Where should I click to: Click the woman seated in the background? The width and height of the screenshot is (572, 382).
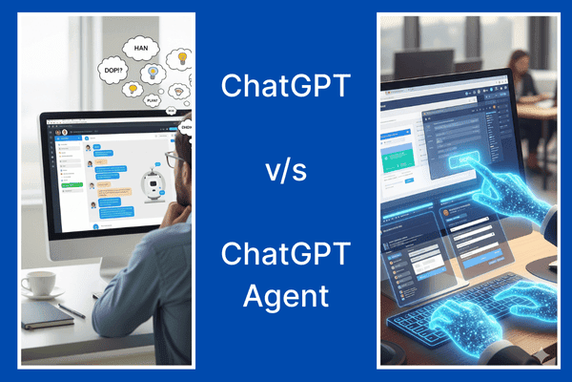pos(526,76)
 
